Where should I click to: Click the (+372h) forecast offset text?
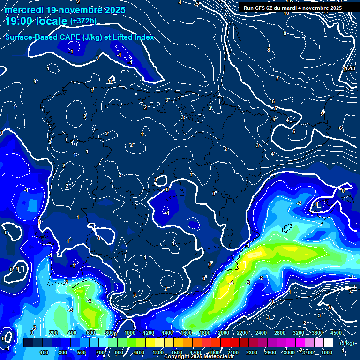click(83, 21)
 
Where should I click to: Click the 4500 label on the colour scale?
click(336, 333)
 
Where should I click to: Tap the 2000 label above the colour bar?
click(223, 333)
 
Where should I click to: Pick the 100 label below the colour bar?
click(44, 352)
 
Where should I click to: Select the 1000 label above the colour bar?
click(130, 333)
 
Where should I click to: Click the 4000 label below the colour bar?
click(326, 352)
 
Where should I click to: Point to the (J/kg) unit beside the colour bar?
click(347, 343)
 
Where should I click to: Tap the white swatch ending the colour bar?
click(328, 343)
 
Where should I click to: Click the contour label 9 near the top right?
click(285, 33)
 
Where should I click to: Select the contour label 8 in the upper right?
click(269, 50)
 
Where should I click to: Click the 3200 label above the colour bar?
click(298, 333)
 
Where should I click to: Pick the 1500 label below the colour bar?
click(177, 352)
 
